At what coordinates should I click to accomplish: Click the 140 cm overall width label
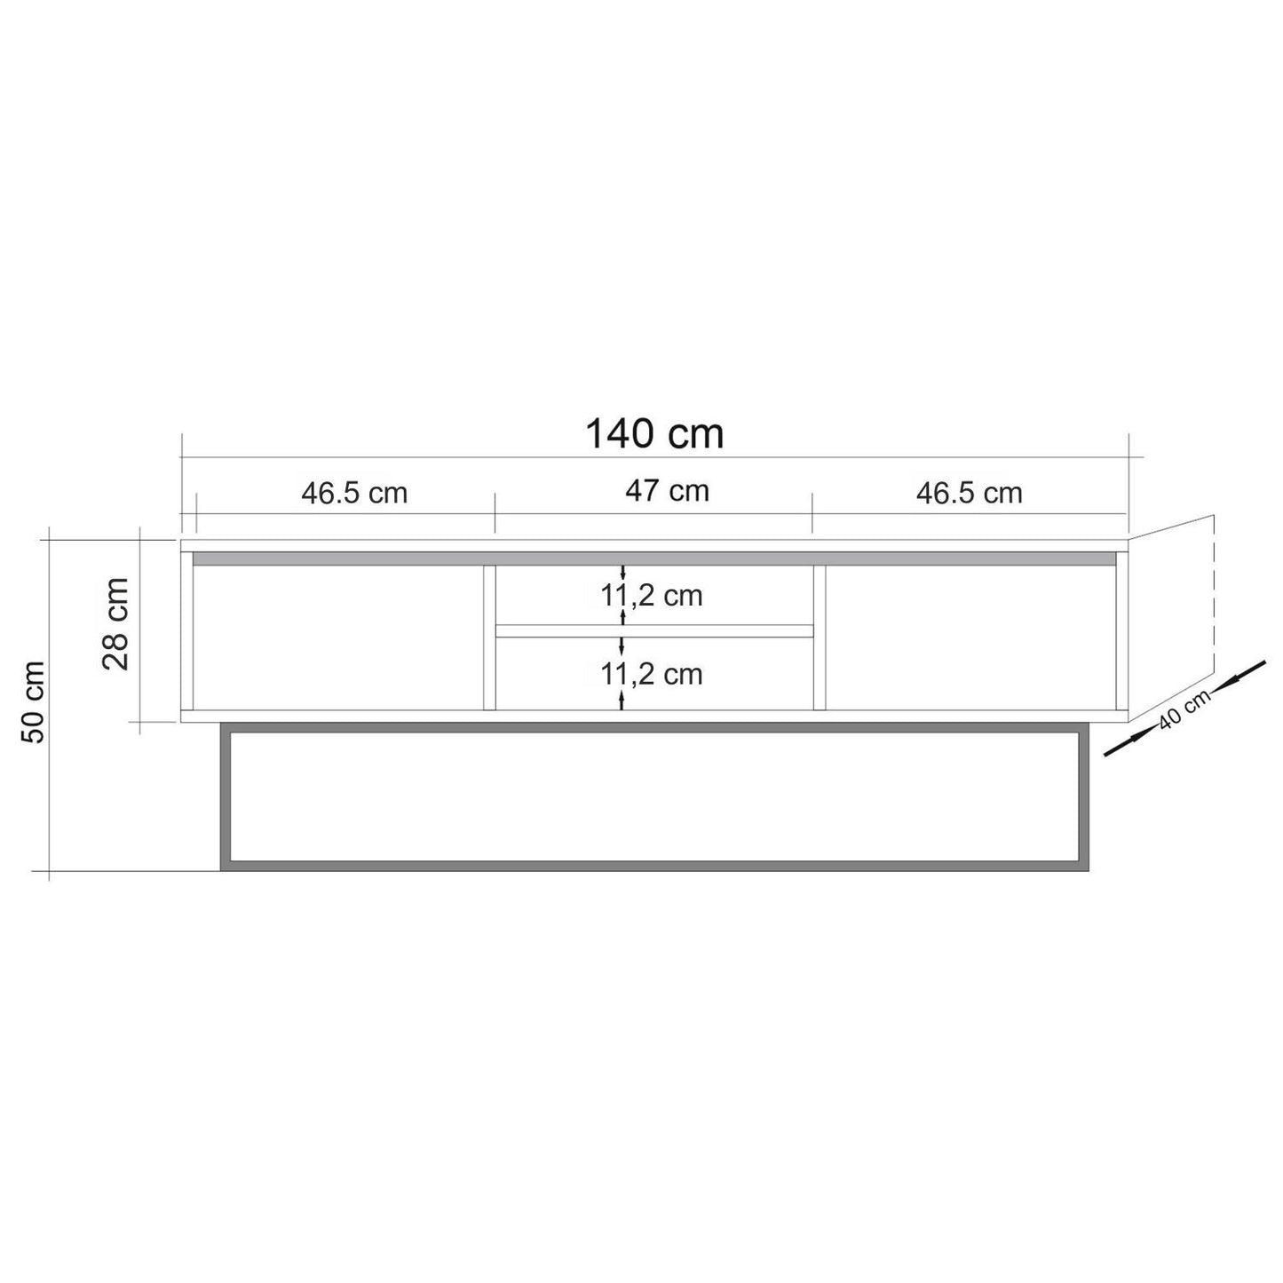coord(654,434)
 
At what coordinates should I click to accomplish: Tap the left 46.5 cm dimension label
coord(354,493)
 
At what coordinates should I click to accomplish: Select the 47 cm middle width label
coord(667,491)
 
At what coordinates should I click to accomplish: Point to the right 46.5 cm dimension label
coord(969,493)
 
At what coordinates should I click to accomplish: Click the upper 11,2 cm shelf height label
coord(653,596)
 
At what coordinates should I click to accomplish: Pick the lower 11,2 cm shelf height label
coord(653,675)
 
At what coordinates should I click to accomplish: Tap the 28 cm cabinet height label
coord(116,623)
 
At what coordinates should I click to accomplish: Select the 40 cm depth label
coord(1184,711)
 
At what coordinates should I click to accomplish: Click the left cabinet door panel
coord(337,638)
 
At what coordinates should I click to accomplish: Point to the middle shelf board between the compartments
coord(654,630)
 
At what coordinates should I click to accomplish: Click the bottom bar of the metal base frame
coord(654,866)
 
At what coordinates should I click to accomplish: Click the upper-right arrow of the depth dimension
coord(1241,674)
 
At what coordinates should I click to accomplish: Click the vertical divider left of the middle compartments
coord(488,638)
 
